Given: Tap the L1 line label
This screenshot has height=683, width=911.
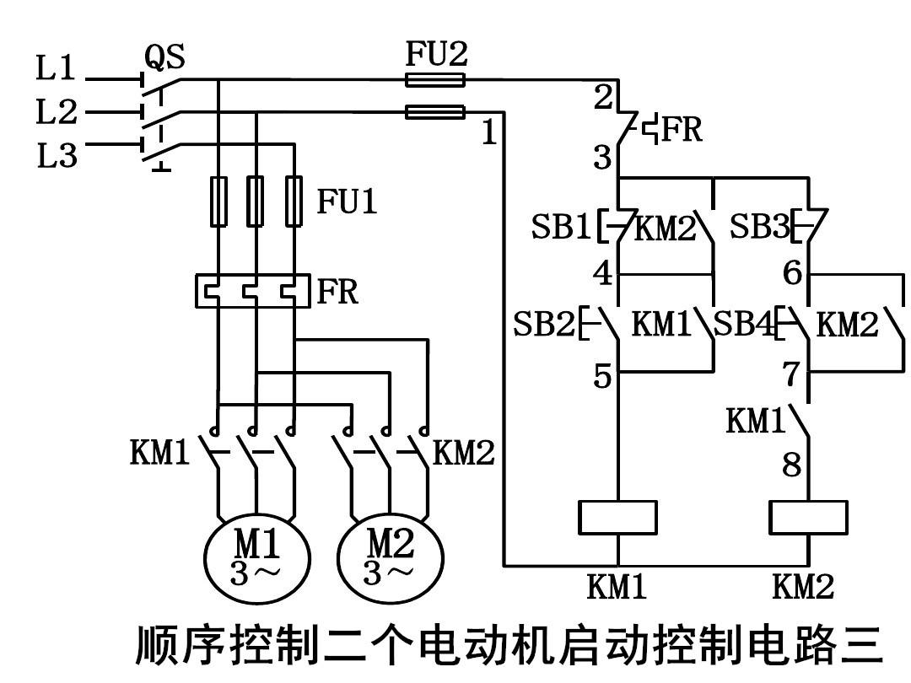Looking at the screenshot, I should coord(57,69).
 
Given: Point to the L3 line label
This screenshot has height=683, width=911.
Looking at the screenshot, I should coord(57,156).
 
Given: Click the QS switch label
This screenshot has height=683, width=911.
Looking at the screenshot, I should coord(164,56).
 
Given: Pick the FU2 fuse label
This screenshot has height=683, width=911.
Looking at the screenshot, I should coord(435,55).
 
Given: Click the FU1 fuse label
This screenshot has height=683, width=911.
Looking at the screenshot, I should coord(347,202).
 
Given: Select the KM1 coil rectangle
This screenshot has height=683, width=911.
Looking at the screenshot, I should coord(617,518).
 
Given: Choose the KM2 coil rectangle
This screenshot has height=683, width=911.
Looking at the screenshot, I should coord(808,518).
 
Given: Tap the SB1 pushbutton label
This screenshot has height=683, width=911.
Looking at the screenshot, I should coord(561,228).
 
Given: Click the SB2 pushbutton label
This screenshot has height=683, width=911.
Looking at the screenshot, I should coord(544,324).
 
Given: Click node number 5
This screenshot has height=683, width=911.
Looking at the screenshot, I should coord(601,376).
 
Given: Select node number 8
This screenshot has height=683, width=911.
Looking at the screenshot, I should coord(791,465).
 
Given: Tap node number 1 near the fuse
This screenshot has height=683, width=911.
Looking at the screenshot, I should coord(489,132).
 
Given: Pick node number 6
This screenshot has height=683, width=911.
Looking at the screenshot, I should coord(792,273).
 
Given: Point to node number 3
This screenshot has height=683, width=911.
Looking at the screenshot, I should coord(601,158).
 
